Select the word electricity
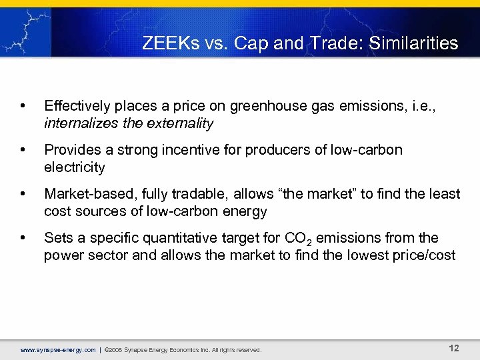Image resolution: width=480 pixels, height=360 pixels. click(75, 167)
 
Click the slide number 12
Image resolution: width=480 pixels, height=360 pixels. click(453, 348)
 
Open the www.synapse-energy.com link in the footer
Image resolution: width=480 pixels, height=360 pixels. click(58, 349)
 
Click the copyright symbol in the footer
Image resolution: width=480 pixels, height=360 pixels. click(108, 349)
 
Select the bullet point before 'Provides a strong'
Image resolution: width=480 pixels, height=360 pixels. click(23, 150)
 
